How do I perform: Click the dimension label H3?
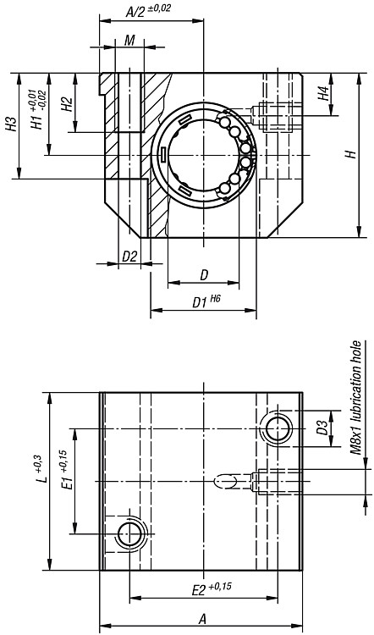tap(11, 124)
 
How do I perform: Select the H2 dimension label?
tap(66, 104)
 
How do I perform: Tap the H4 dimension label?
tap(323, 94)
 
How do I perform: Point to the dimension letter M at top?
tap(129, 40)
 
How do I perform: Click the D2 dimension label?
tap(129, 256)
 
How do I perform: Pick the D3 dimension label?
tap(322, 428)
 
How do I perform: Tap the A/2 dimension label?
tap(135, 12)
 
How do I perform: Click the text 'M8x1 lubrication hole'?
tap(355, 398)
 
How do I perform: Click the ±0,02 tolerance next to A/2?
tap(159, 8)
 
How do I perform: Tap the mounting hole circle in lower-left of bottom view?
tap(130, 533)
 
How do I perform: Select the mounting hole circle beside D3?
tap(278, 428)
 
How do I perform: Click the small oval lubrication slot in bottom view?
tap(225, 481)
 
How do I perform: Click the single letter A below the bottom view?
tap(202, 619)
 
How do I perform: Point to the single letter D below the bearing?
tap(204, 275)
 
